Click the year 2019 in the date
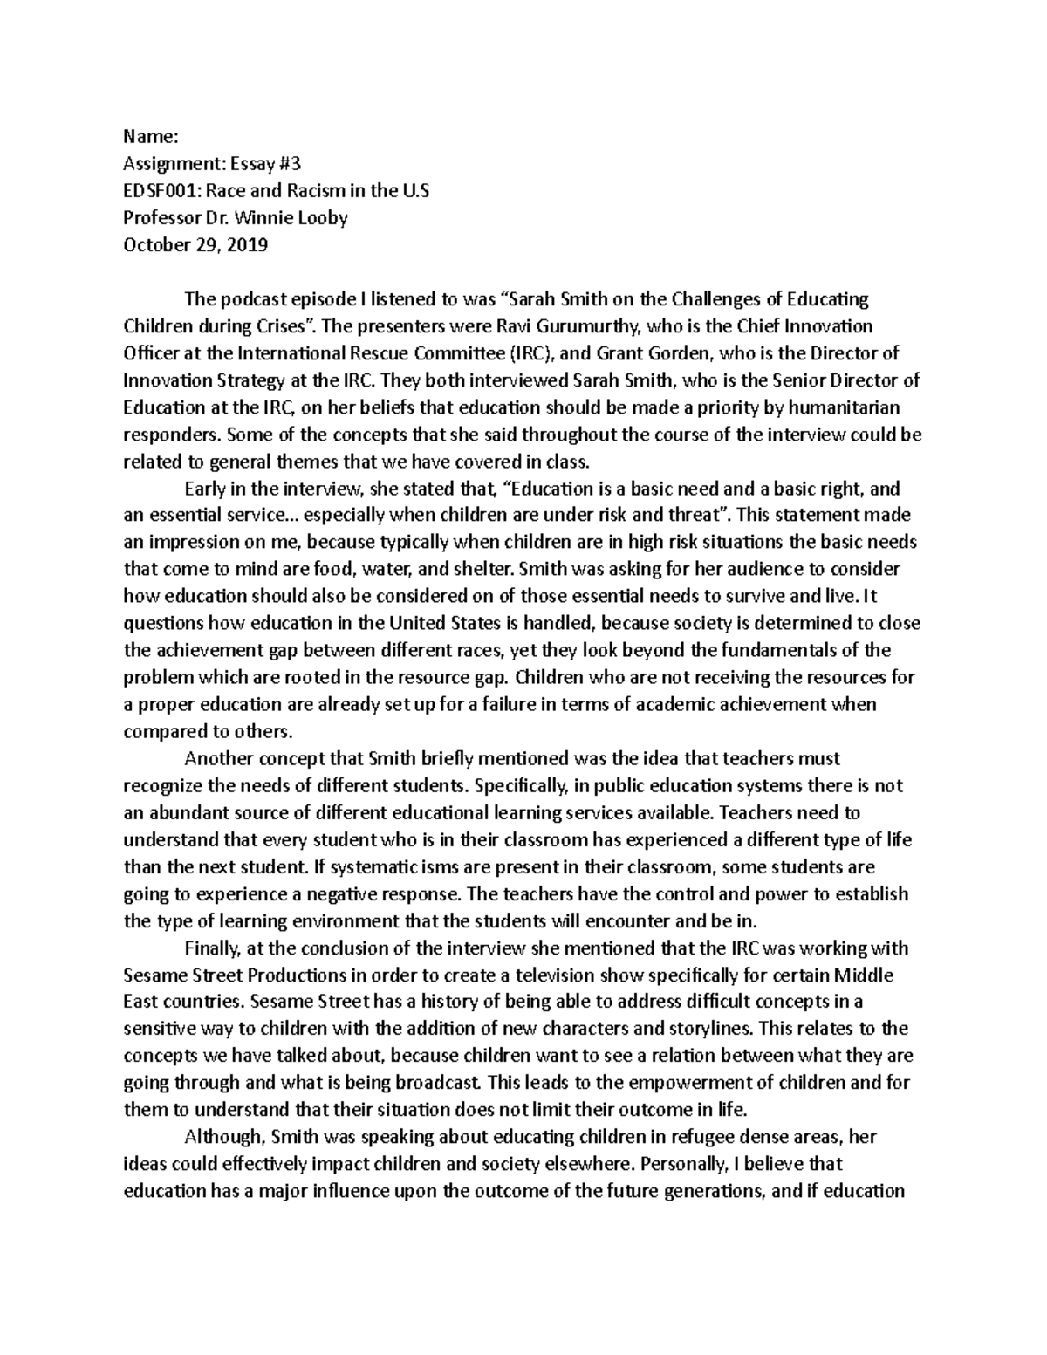[248, 244]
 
